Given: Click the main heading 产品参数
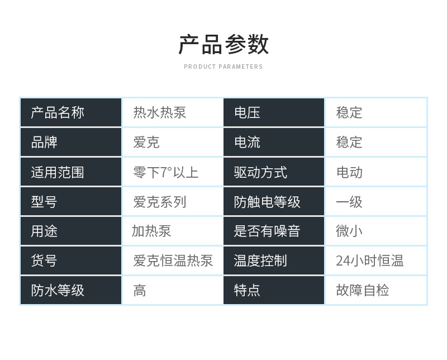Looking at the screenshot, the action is (223, 44).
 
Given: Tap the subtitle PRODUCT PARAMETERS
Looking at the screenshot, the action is (223, 67).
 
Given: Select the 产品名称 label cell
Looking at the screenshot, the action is (71, 112).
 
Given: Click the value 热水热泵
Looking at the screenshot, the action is (160, 112).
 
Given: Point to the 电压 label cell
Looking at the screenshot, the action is (274, 112).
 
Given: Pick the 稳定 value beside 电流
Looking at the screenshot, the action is (349, 142).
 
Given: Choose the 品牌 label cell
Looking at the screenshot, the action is (71, 142).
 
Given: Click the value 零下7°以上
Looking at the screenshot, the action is (165, 172).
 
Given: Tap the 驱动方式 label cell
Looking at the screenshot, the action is (274, 172).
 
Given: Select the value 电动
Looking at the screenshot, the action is (349, 172).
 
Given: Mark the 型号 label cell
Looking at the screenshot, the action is (71, 202).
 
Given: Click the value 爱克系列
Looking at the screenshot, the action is (160, 202).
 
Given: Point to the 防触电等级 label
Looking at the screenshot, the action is (267, 202).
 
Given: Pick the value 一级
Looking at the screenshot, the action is (349, 202).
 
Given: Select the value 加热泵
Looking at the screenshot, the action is (151, 231).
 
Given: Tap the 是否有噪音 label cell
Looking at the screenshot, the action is (274, 231).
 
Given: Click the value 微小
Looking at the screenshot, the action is (349, 231).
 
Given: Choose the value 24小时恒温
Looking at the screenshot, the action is (370, 260).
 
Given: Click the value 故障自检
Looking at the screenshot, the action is (363, 290).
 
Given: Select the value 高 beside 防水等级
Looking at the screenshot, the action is (140, 290).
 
